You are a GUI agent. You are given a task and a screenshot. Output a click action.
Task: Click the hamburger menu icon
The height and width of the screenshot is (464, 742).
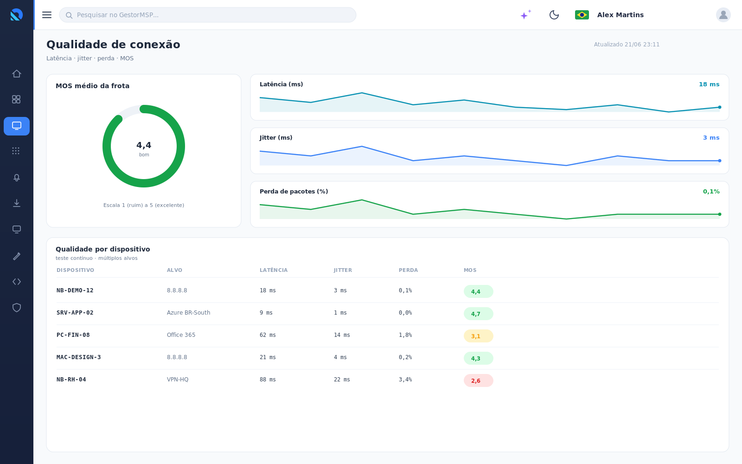point(47,15)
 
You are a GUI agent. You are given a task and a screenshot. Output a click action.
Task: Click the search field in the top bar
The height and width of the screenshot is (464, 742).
point(208,15)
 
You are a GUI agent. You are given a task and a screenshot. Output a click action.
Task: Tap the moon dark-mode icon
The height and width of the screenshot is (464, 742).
point(554,15)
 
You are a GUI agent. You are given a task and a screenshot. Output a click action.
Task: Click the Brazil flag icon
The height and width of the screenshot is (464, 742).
point(582,15)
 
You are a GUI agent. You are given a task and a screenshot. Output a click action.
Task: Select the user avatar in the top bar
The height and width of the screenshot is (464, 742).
point(723,15)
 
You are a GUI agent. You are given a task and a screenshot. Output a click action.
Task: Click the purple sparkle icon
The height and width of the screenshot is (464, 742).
point(525,14)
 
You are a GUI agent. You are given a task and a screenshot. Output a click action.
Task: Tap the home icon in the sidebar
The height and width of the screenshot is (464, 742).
point(17,74)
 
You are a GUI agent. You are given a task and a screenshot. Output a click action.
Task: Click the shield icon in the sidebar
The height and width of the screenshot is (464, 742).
point(17,308)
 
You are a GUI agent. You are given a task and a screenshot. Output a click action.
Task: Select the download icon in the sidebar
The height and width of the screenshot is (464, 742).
point(17,203)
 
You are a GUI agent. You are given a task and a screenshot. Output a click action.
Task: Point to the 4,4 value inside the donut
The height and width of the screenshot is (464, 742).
point(144,145)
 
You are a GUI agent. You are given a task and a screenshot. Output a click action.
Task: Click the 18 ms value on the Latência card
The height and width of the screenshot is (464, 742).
point(709,84)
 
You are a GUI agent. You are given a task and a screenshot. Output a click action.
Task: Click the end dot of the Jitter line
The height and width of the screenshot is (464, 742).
point(719,161)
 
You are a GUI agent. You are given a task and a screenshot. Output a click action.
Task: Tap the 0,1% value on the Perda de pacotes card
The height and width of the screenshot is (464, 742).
point(711,192)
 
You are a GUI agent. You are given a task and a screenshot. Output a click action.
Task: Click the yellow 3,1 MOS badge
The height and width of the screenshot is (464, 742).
point(478,336)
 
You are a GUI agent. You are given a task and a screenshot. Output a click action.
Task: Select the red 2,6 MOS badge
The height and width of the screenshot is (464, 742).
point(478,380)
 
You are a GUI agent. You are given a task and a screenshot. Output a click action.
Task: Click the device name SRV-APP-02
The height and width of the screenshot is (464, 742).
point(75,313)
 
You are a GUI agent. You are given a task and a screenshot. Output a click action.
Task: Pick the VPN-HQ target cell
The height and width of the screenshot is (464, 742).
point(178,379)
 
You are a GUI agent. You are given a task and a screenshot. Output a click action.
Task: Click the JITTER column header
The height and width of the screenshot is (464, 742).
point(343,270)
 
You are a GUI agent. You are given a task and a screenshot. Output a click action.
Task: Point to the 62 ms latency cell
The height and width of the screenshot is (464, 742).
point(268,335)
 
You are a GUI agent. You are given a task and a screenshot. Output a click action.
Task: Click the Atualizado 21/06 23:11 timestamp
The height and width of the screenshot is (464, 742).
point(627,45)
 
